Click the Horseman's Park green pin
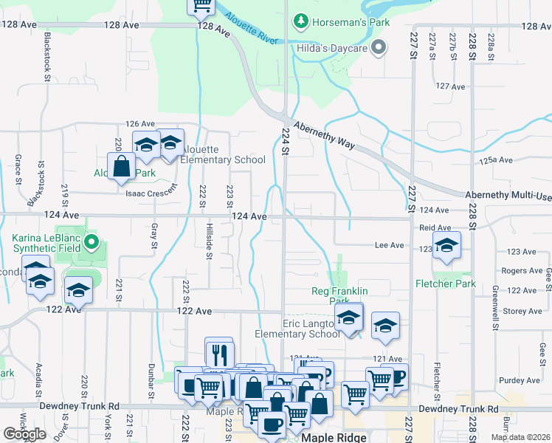300,22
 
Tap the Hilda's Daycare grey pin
379,49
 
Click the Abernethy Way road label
325,135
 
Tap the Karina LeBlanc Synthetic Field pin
91,241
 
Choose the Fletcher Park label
446,284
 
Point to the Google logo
24,434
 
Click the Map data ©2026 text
520,437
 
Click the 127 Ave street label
450,86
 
